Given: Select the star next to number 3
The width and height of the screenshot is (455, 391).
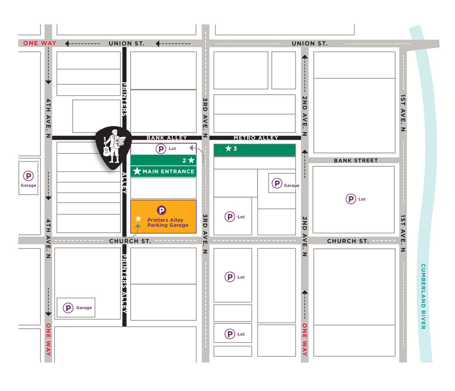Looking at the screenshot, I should [228, 149].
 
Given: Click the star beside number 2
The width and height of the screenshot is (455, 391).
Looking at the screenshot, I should [192, 160].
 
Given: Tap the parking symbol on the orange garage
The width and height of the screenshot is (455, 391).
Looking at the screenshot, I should [162, 210].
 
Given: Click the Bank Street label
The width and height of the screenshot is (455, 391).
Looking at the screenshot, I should [355, 160].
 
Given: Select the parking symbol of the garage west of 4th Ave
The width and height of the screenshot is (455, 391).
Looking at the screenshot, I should [28, 175].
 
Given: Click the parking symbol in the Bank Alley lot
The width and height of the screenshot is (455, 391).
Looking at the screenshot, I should [161, 149].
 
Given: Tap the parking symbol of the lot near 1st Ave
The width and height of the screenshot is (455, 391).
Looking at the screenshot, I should [351, 199].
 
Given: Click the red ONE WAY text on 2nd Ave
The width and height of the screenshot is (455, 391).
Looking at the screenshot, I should [304, 339].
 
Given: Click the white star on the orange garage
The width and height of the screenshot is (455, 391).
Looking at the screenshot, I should [138, 219].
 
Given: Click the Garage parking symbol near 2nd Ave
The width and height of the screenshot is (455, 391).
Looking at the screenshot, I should [277, 184].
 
